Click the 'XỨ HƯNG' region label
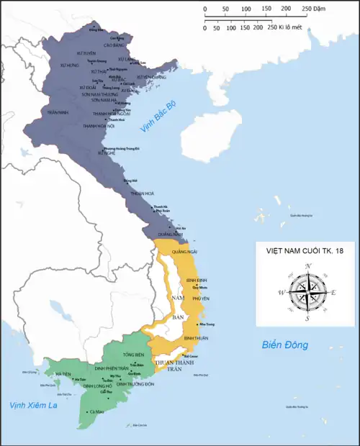coord(69,65)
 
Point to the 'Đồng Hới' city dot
coord(124,181)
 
